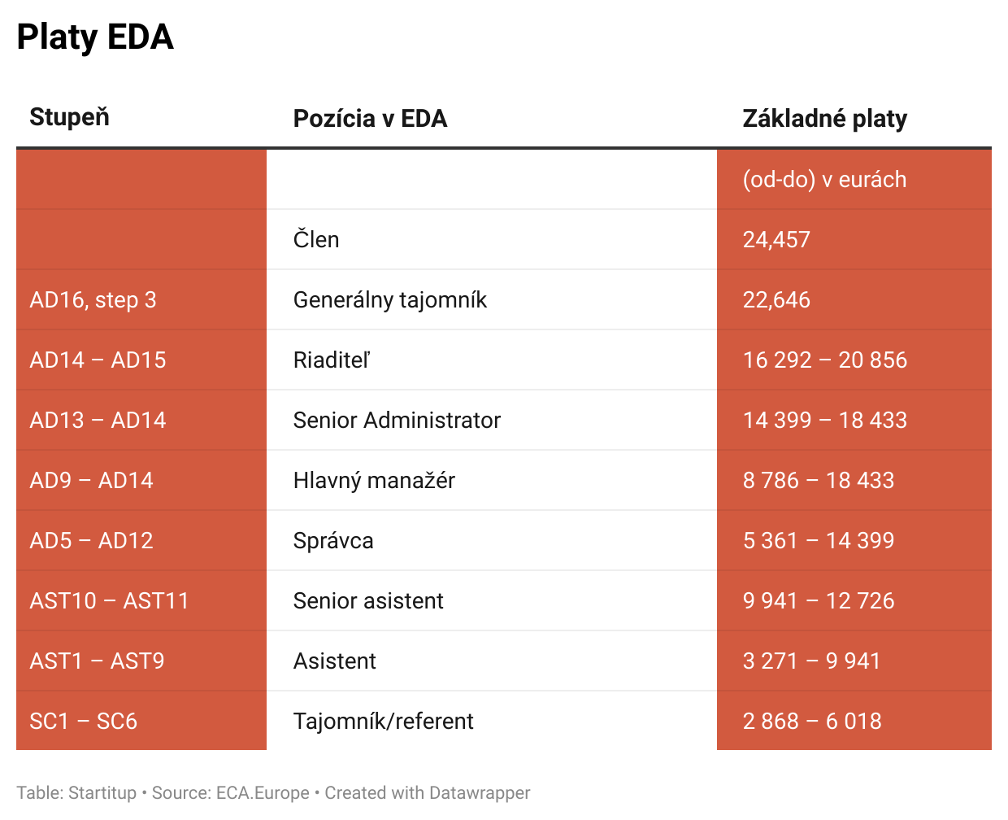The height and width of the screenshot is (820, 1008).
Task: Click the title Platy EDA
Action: (95, 37)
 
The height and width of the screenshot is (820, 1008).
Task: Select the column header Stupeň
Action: (69, 117)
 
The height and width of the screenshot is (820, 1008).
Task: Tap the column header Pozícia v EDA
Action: (370, 119)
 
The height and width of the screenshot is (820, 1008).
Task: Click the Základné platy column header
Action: (824, 119)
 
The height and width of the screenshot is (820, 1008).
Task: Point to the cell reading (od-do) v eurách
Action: (824, 180)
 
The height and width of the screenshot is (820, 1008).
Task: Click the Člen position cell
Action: (316, 240)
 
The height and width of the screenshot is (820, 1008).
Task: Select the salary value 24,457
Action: (776, 240)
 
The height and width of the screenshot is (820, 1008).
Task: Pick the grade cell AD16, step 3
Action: (93, 300)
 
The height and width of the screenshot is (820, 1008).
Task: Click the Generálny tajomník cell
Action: (389, 300)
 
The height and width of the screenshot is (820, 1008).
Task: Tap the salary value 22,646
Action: (776, 300)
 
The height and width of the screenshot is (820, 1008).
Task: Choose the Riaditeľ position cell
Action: (332, 360)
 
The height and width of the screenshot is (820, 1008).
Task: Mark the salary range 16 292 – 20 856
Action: (824, 360)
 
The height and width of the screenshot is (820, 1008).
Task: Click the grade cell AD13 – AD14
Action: (98, 421)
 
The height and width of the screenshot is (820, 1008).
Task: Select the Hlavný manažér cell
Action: (374, 481)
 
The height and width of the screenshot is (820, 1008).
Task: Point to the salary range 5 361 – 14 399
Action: (818, 541)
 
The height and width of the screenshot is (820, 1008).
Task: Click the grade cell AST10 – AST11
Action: (109, 601)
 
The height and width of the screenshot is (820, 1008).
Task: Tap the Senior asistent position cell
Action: (368, 601)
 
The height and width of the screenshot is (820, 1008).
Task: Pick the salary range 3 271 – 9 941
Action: (811, 661)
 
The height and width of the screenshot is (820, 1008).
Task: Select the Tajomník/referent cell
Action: (383, 722)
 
